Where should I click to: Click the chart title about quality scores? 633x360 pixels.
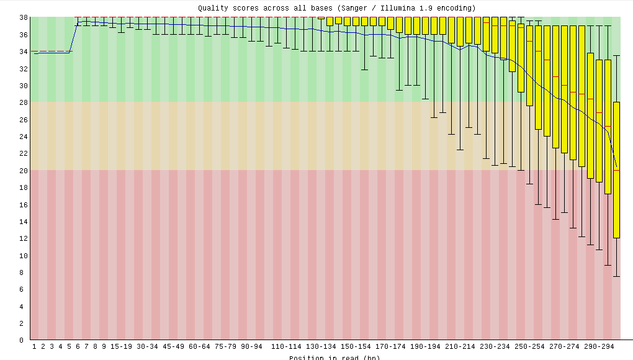point(337,8)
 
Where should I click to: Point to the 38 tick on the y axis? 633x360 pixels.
point(23,17)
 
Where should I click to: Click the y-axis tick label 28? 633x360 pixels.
point(23,102)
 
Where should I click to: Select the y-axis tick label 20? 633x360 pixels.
point(23,171)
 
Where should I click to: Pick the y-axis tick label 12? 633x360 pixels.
point(23,238)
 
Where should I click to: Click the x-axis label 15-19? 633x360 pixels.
point(121,346)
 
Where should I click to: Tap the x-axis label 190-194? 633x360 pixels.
point(425,346)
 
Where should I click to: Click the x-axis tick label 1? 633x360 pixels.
point(34,346)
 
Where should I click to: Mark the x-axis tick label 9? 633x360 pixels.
point(104,346)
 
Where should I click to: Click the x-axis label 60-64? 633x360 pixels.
point(199,346)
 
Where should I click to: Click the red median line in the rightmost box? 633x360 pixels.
point(616,170)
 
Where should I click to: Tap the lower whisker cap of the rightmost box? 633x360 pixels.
point(616,276)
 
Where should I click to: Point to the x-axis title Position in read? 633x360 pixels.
point(334,357)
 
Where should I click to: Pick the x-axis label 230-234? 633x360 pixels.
point(495,346)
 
